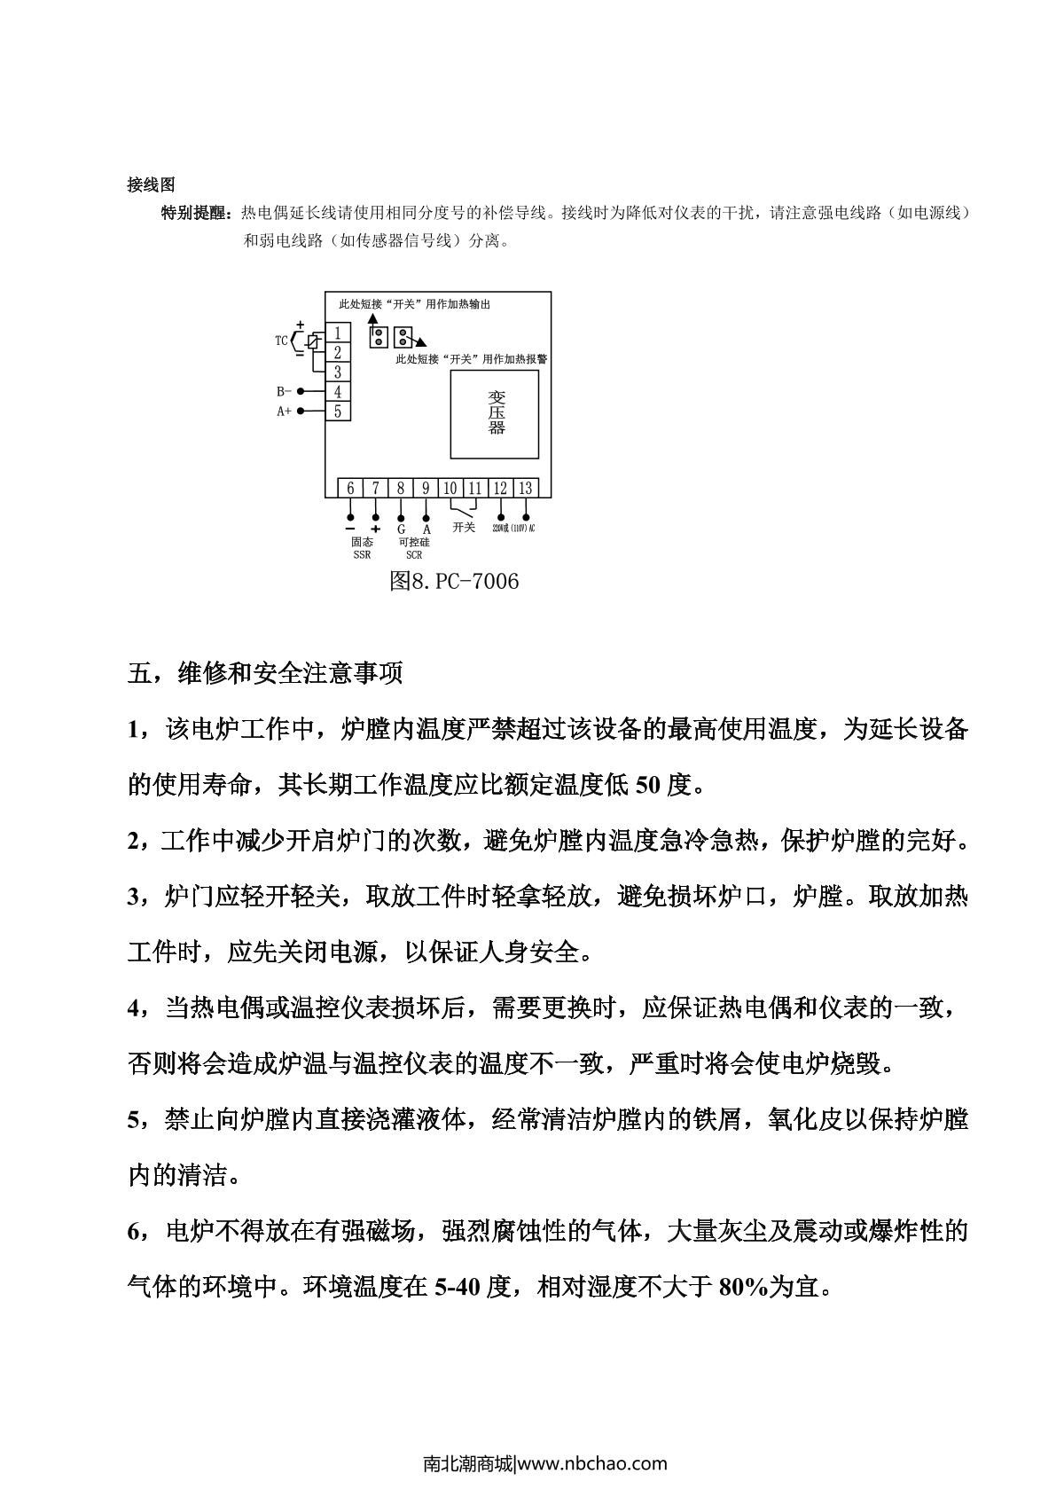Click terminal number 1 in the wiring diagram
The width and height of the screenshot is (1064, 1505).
coord(338,333)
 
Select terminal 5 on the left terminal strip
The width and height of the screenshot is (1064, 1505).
coord(338,412)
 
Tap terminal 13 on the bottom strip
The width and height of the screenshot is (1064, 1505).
coord(526,488)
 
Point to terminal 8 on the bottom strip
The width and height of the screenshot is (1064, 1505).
coord(401,488)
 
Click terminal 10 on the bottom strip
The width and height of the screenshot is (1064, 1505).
coord(450,488)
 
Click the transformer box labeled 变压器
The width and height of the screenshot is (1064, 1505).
coord(495,414)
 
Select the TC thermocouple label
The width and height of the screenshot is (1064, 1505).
coord(281,340)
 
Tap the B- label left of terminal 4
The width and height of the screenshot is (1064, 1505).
coord(284,391)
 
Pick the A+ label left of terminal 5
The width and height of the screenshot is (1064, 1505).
coord(284,412)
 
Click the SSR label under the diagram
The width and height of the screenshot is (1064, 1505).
coord(362,555)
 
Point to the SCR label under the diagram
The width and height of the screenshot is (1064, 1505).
coord(413,555)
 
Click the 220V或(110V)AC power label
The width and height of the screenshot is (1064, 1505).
coord(513,529)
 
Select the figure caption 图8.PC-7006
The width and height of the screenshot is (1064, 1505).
coord(454,582)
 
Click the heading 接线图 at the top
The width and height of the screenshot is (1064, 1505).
coord(152,184)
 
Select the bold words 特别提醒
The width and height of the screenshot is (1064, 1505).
coord(195,213)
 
